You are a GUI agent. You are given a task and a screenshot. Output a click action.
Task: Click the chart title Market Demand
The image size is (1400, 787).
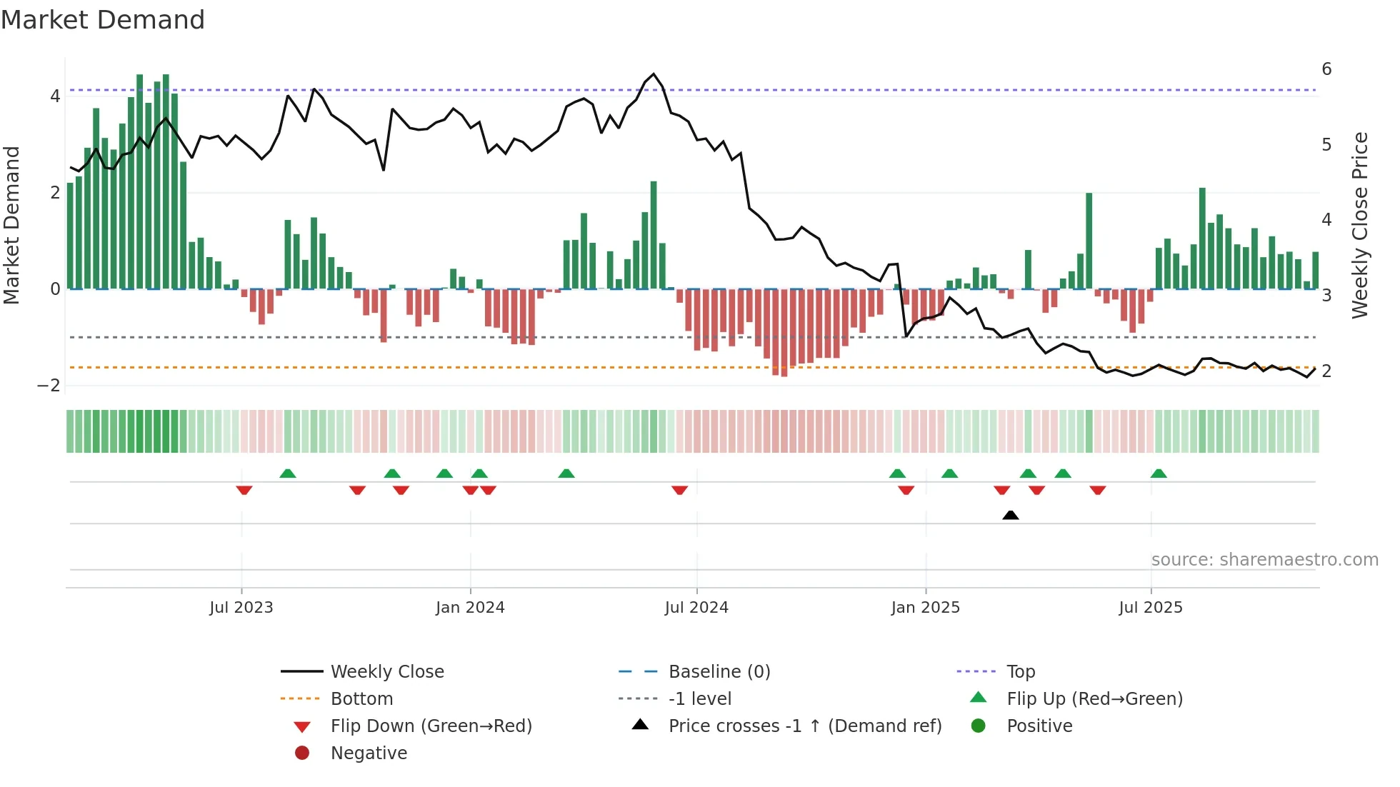[x=103, y=20]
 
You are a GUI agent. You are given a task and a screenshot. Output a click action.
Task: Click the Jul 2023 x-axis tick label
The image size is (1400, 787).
[x=241, y=608]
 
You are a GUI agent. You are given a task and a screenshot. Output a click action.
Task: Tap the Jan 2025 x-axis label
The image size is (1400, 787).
[x=926, y=608]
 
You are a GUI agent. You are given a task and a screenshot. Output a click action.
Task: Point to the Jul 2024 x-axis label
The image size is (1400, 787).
[x=696, y=608]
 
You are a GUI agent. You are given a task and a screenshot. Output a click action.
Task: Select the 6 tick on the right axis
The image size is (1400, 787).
[x=1326, y=69]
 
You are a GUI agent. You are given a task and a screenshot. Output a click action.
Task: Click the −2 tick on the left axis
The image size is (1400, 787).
[x=49, y=386]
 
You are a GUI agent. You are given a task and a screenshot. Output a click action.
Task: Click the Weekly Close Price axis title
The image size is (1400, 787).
[x=1360, y=225]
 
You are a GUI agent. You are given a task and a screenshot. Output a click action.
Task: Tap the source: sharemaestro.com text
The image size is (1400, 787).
[x=1264, y=560]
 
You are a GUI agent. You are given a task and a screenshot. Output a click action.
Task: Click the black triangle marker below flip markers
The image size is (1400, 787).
[x=1010, y=515]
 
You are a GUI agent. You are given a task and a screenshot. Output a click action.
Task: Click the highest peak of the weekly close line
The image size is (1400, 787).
[x=654, y=74]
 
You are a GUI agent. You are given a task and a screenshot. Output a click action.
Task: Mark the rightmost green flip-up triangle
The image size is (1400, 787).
[x=1159, y=473]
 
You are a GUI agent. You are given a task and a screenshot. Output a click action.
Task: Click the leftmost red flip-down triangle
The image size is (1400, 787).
[x=244, y=490]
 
